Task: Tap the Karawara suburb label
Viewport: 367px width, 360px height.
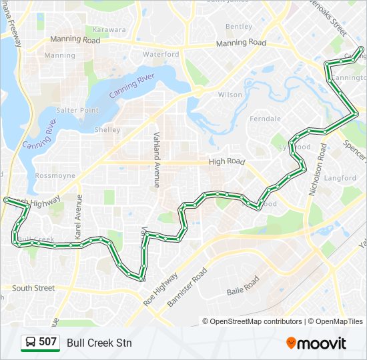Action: (109, 30)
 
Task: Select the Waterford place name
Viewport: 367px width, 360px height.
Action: (161, 54)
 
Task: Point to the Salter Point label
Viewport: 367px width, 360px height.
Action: (77, 110)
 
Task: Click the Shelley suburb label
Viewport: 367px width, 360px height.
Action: (107, 130)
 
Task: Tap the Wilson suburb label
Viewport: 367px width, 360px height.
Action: (230, 95)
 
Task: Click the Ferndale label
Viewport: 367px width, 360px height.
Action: (265, 119)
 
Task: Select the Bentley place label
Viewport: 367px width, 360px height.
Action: (239, 27)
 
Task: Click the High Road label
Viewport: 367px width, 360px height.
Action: (227, 161)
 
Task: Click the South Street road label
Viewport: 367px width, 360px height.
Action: (33, 288)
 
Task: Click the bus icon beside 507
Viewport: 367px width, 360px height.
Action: (30, 343)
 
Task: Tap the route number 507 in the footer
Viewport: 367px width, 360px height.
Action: (47, 343)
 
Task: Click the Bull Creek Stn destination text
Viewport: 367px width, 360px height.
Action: (99, 343)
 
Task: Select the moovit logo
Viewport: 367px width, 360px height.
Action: (316, 343)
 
